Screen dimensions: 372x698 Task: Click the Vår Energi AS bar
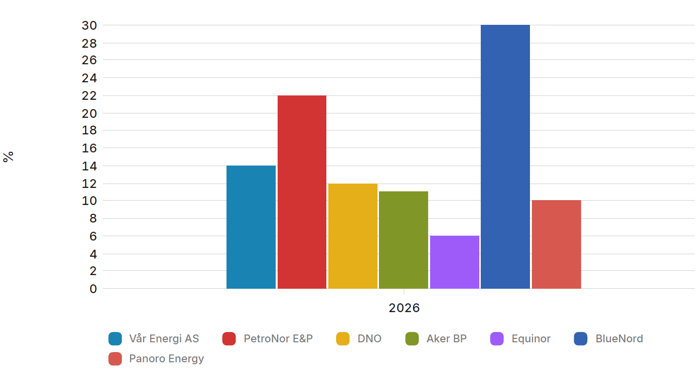[251, 227]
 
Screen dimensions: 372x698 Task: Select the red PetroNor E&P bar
[302, 192]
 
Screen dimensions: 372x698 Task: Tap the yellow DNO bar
[353, 236]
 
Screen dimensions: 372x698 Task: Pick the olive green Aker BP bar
[403, 240]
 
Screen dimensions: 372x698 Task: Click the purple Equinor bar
[454, 262]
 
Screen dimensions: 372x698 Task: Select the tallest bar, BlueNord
[505, 157]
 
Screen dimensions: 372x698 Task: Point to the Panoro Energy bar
[556, 244]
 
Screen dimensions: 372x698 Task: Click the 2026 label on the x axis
[404, 308]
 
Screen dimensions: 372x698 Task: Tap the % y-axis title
[8, 157]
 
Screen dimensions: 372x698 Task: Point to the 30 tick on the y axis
[89, 25]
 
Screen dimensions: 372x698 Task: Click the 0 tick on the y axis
[93, 289]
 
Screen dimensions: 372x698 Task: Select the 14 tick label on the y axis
[89, 166]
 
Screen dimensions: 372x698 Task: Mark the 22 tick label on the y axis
[89, 96]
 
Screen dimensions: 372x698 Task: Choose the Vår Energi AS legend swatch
[115, 338]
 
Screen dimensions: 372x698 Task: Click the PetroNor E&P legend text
[278, 338]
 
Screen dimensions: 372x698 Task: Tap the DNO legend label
[369, 338]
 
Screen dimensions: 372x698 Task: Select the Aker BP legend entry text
[446, 338]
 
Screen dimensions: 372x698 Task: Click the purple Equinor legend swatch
[497, 338]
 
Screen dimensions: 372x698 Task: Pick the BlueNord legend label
[619, 338]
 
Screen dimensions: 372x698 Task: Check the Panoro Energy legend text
[167, 359]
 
